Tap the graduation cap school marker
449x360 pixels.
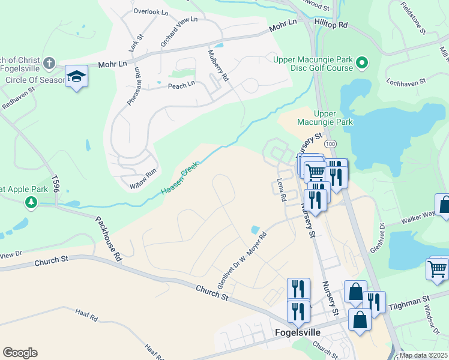point(77,76)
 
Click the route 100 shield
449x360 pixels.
point(330,145)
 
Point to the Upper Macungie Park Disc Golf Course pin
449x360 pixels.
point(362,62)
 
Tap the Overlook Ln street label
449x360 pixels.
point(151,11)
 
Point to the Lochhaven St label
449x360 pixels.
point(406,80)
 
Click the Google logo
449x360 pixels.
point(20,353)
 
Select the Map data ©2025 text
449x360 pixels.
point(423,355)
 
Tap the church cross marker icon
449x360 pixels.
point(49,62)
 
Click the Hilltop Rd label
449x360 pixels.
point(331,25)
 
